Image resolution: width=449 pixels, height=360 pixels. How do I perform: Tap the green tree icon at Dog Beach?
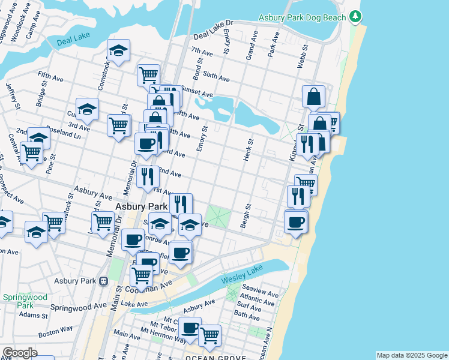coord(357,16)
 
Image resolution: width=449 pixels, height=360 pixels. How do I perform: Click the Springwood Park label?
coord(25,301)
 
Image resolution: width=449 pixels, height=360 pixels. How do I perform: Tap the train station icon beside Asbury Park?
coord(103,281)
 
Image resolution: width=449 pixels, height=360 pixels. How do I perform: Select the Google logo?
coord(19,353)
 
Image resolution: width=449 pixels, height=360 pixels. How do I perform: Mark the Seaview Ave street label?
coord(259,295)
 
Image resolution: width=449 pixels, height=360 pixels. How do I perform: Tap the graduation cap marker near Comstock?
coord(118,51)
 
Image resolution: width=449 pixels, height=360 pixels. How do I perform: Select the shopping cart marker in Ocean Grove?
coord(209,335)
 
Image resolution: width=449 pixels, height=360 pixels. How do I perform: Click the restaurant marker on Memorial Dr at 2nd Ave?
coord(147,176)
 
